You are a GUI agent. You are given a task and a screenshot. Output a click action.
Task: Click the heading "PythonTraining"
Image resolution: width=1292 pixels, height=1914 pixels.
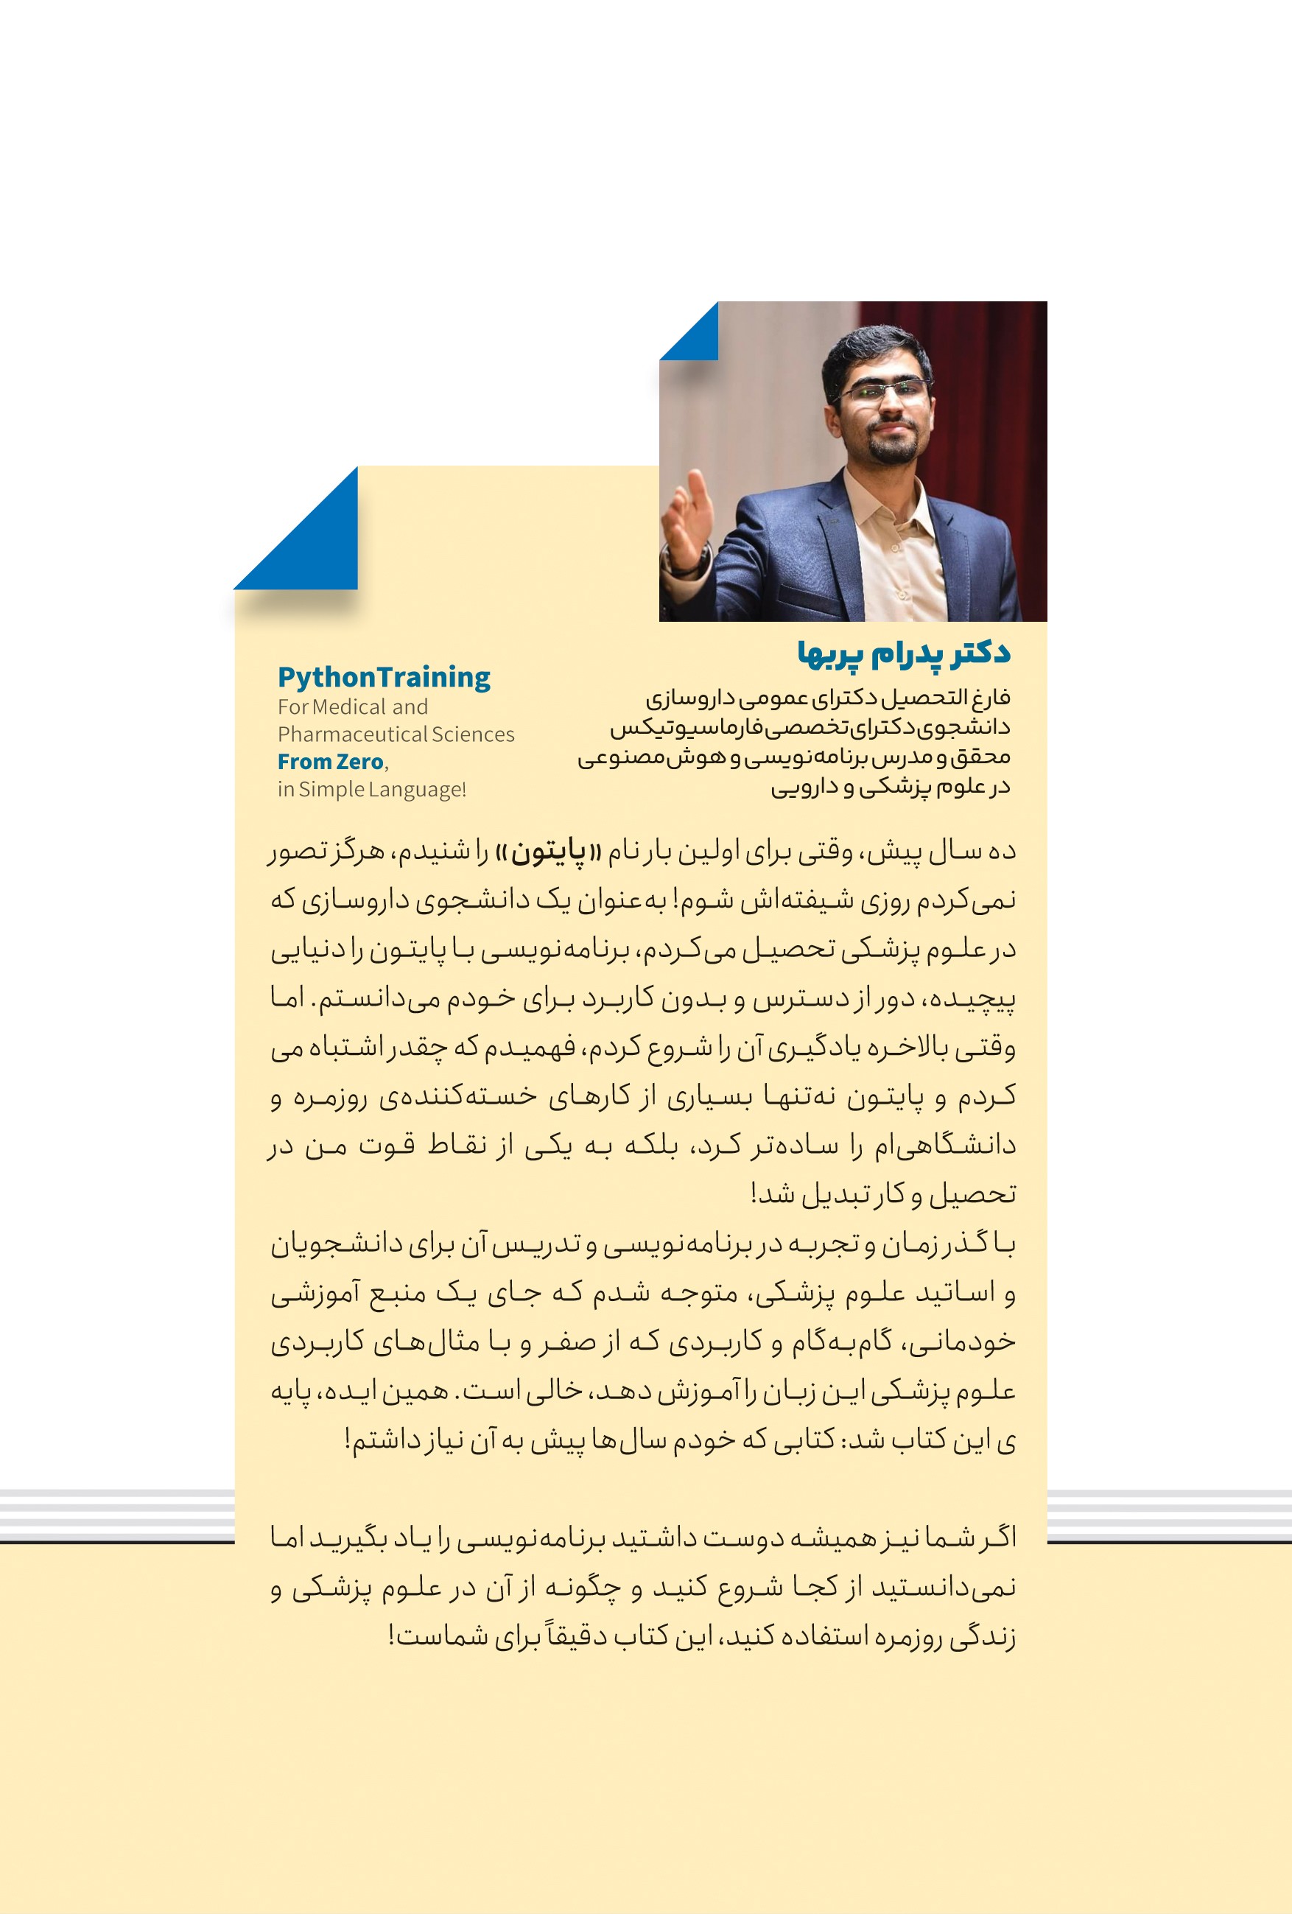[x=384, y=677]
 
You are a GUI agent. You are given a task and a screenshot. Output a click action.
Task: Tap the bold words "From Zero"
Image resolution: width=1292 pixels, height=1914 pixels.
[x=330, y=762]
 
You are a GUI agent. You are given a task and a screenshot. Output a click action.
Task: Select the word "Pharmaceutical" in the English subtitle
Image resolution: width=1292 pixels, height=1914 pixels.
[x=349, y=735]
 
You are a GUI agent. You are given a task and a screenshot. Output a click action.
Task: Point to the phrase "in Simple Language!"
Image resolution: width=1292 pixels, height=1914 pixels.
[x=371, y=790]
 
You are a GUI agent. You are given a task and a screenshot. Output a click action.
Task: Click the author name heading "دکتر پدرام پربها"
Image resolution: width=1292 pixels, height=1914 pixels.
[x=902, y=653]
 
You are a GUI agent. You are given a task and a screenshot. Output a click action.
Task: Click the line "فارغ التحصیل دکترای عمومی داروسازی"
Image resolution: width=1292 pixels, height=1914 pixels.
[x=826, y=698]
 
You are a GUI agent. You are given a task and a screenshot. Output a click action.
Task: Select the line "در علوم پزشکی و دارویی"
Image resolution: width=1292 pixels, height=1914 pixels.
[x=889, y=788]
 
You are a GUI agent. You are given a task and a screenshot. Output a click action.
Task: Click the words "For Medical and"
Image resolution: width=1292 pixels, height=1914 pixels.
[x=352, y=707]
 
